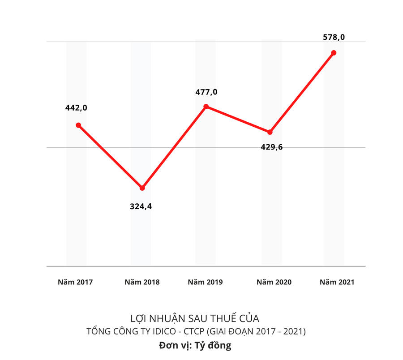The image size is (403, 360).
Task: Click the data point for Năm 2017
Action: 78,125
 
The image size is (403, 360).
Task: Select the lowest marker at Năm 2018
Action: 142,188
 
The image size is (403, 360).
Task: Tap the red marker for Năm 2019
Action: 206,107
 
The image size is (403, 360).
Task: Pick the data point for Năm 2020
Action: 270,132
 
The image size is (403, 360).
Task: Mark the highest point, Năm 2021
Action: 334,53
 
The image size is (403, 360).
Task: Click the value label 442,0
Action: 76,107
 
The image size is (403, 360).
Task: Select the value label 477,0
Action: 206,92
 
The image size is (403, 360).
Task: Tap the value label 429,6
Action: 272,147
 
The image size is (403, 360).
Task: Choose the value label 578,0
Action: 334,37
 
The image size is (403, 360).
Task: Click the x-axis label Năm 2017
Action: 75,282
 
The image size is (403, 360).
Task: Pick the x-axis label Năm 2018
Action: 142,282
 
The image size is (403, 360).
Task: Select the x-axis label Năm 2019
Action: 205,282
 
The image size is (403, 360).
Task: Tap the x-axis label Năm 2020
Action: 274,282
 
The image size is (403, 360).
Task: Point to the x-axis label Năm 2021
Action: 337,282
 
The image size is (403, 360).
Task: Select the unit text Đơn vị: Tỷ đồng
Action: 195,346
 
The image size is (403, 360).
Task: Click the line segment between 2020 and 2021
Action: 302,92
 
